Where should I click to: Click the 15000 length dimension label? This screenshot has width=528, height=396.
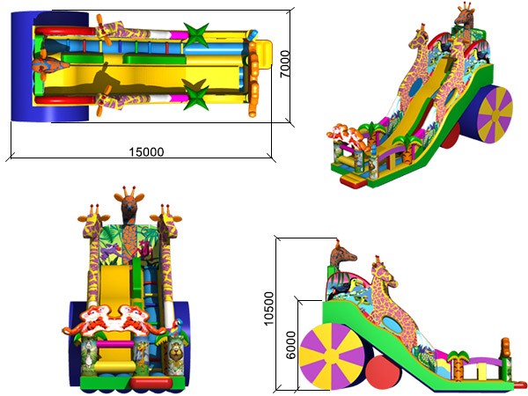point(146,152)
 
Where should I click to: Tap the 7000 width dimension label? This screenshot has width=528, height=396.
point(285,64)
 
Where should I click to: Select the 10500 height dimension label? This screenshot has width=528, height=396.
point(268,309)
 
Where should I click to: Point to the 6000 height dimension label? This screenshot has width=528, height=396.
point(290,345)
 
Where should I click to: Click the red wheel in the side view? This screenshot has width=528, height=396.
point(384,372)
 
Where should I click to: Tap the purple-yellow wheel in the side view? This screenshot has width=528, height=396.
point(332,356)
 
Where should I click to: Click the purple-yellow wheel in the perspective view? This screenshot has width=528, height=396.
point(495,114)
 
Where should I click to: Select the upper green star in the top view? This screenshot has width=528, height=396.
point(196,34)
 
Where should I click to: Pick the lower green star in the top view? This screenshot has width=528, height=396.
point(195,95)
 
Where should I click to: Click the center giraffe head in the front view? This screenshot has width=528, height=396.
point(129,204)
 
